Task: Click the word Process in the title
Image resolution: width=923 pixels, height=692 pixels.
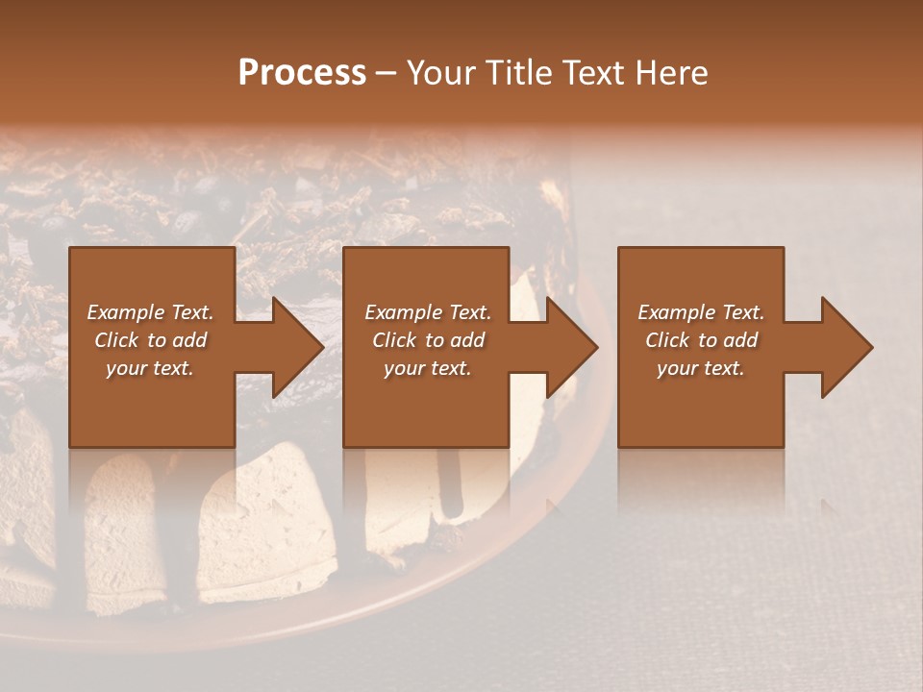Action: pos(302,73)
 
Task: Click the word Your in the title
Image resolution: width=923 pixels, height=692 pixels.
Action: pos(441,73)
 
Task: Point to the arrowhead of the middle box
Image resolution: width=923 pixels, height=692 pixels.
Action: pos(569,347)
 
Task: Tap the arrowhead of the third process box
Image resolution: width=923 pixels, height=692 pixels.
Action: pos(844,347)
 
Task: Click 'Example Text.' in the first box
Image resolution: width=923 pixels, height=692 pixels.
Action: pos(151,312)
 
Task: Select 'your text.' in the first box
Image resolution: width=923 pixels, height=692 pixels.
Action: pos(151,368)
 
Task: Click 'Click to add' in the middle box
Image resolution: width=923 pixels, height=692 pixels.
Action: pos(428,340)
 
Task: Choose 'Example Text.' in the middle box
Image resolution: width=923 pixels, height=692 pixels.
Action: pos(428,312)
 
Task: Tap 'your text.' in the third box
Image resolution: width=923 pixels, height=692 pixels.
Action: pos(701,368)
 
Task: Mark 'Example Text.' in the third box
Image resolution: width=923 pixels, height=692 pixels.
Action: pos(701,312)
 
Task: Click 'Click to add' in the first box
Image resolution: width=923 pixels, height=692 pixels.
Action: pos(151,340)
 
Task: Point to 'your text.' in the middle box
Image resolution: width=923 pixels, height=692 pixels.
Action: pos(428,368)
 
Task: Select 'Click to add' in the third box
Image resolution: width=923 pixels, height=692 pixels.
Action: pos(701,340)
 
